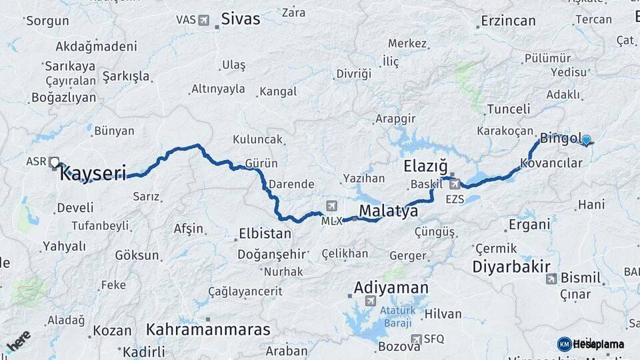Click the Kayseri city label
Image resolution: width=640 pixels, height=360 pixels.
(x=93, y=175)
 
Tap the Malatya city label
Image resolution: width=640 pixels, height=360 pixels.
(x=389, y=211)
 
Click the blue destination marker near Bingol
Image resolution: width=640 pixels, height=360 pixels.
(x=586, y=140)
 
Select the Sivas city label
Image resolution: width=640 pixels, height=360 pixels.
(x=241, y=18)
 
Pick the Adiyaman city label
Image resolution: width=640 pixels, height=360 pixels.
(x=391, y=288)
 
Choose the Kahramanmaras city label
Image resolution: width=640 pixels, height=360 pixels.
(x=208, y=329)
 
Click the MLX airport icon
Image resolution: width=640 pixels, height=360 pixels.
(x=331, y=205)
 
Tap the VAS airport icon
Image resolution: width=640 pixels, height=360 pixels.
(x=203, y=20)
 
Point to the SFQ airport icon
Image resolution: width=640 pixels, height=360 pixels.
(x=417, y=339)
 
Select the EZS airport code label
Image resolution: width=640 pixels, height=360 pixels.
(x=455, y=199)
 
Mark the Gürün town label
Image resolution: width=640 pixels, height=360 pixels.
(x=261, y=163)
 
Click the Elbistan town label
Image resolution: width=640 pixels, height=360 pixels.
(x=265, y=234)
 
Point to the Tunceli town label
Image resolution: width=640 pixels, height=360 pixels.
(x=509, y=109)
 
